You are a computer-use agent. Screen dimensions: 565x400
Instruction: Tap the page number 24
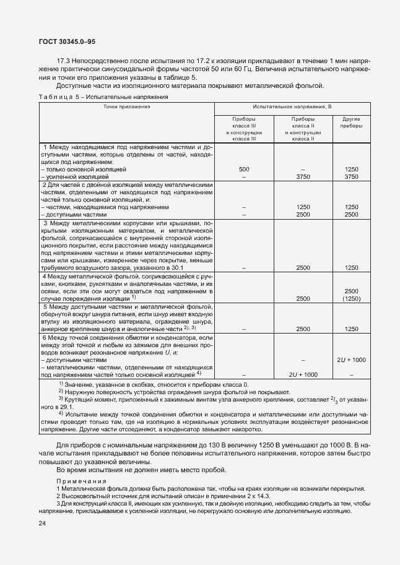click(43, 524)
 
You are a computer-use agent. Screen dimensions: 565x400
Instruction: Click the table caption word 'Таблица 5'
click(59, 97)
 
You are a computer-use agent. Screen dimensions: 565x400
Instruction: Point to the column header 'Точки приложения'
click(127, 106)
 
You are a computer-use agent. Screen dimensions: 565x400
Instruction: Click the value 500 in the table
click(244, 168)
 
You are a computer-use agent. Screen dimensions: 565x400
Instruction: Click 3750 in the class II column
click(303, 176)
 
